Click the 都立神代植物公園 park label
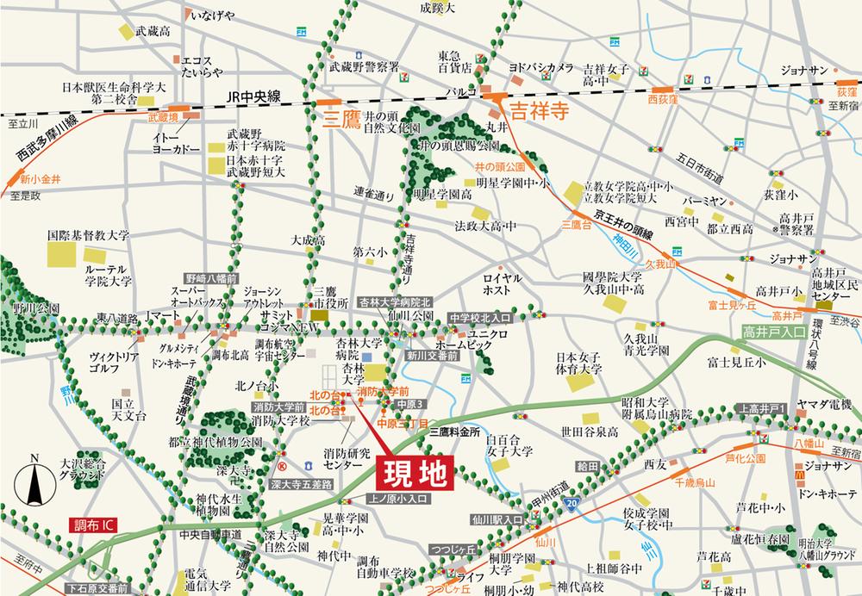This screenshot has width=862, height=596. tap(215, 442)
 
